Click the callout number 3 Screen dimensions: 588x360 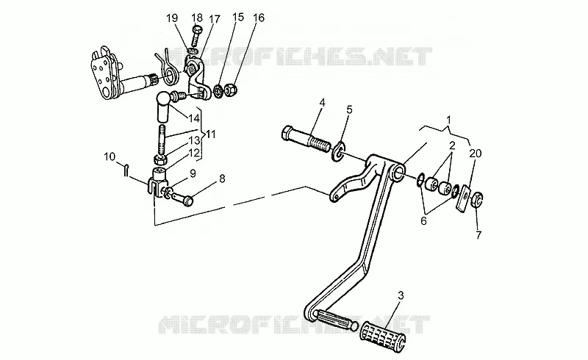(x=401, y=295)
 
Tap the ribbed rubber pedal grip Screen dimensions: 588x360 (x=383, y=335)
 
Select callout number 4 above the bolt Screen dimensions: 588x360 (x=322, y=102)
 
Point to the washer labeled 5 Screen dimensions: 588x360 (x=339, y=152)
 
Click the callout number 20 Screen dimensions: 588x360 (x=475, y=154)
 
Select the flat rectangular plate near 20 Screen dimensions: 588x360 (x=464, y=198)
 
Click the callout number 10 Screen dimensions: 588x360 (x=110, y=156)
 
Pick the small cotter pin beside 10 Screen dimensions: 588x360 (x=126, y=170)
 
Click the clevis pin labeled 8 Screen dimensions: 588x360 (x=182, y=198)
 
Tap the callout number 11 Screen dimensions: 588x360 (x=211, y=134)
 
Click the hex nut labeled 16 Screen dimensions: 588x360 (x=231, y=90)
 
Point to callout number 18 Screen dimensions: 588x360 (x=197, y=18)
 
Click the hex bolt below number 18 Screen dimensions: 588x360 (x=197, y=37)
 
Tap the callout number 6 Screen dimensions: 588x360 (x=423, y=221)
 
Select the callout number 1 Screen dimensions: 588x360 (x=448, y=120)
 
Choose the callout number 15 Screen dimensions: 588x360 (x=237, y=17)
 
